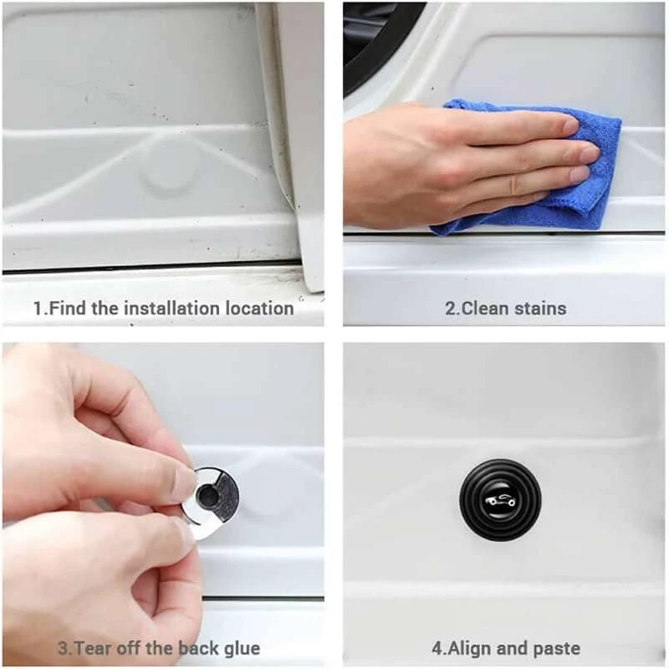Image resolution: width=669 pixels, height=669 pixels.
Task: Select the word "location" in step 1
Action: pyautogui.click(x=259, y=309)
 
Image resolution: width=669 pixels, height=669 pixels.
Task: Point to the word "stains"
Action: pyautogui.click(x=540, y=309)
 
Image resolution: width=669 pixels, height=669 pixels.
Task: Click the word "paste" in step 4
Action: pyautogui.click(x=556, y=649)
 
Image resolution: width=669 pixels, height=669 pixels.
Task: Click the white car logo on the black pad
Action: pyautogui.click(x=500, y=500)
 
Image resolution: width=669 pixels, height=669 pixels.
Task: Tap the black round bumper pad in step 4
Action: pyautogui.click(x=500, y=500)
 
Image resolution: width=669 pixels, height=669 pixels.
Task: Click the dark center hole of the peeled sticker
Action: pyautogui.click(x=208, y=496)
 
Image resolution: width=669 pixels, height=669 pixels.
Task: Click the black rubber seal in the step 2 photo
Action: pyautogui.click(x=375, y=43)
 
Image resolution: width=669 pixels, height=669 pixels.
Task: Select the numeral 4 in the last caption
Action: pyautogui.click(x=437, y=649)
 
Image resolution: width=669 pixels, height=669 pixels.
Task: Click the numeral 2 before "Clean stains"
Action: pyautogui.click(x=451, y=309)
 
